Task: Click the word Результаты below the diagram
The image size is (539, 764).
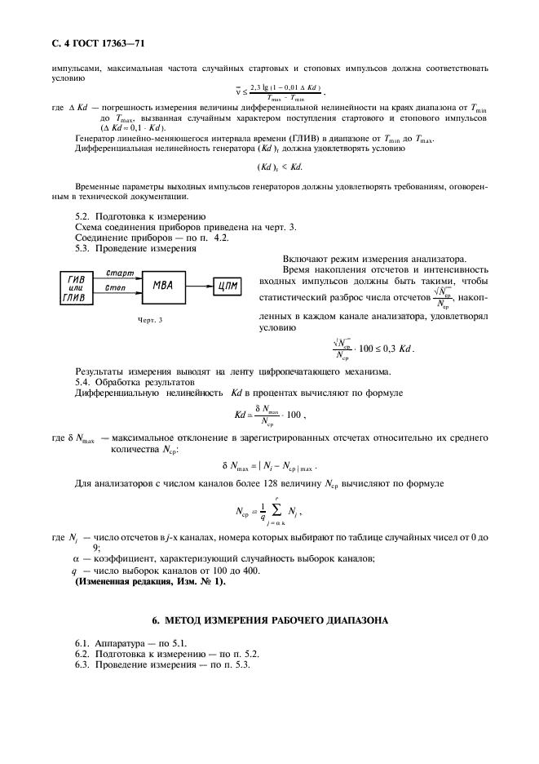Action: click(x=99, y=371)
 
